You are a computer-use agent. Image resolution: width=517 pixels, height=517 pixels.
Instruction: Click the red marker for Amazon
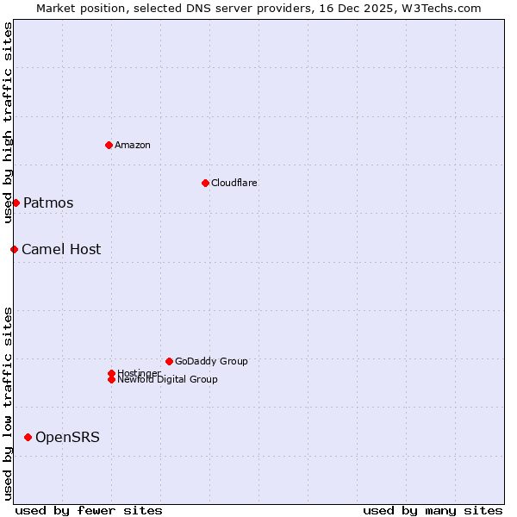[109, 145]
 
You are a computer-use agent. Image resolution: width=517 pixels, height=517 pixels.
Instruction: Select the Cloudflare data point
[205, 183]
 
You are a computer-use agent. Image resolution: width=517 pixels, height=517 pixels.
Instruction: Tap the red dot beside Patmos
[16, 202]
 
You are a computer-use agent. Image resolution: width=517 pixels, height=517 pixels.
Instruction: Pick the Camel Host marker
[14, 249]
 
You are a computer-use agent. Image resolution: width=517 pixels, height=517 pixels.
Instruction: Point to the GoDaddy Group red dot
[169, 361]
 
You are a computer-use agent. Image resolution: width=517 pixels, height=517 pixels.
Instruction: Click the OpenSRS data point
[28, 437]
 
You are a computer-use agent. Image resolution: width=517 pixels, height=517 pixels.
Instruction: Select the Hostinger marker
[111, 373]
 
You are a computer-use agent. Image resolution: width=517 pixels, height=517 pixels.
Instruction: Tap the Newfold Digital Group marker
[111, 379]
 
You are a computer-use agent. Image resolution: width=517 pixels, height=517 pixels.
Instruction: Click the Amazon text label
[133, 145]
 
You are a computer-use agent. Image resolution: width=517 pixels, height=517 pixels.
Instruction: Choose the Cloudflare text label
[234, 183]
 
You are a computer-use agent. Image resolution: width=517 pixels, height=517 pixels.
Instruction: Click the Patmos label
[48, 203]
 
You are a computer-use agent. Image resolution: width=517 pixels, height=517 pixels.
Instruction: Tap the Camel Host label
[61, 250]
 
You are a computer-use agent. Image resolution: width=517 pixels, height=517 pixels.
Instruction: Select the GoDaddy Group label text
[211, 361]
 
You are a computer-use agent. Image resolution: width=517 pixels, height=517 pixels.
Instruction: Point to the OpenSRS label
[67, 438]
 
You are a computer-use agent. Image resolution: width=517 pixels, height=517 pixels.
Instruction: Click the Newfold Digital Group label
[168, 380]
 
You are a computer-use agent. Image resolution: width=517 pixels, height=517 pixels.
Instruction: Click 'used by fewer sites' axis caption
[89, 510]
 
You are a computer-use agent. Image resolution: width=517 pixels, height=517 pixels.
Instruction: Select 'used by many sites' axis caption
[433, 510]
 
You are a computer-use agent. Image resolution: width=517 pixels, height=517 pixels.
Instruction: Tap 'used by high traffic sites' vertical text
[8, 122]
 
